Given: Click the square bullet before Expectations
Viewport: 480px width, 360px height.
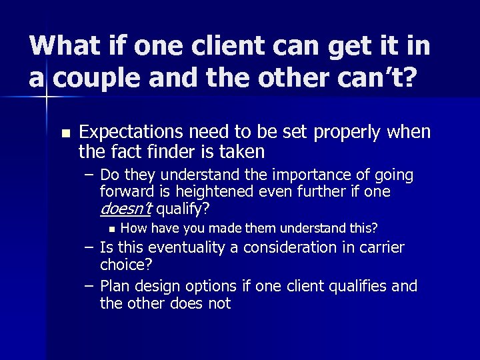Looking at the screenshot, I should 64,133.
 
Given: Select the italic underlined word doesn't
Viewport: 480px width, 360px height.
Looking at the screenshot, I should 126,209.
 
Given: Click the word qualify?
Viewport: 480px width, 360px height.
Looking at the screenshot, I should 183,210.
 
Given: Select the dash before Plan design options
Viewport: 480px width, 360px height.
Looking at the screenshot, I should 89,285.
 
